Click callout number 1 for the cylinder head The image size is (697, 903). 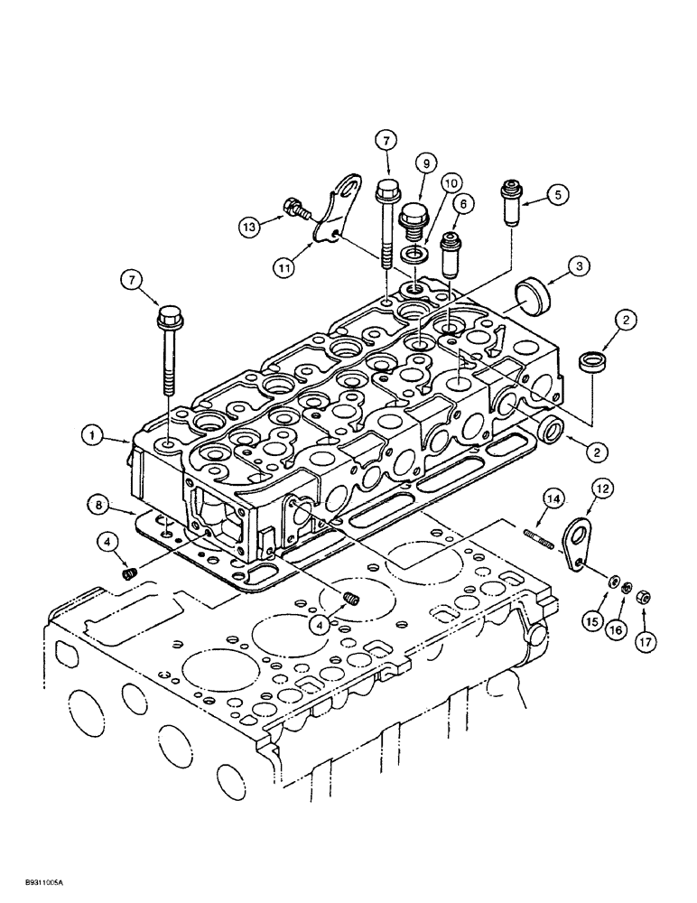point(92,435)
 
